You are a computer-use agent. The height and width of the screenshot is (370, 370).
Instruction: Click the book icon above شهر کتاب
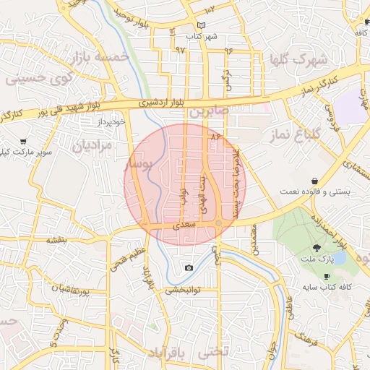point(200,26)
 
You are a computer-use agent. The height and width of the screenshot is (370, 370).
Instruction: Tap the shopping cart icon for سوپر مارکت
point(25,142)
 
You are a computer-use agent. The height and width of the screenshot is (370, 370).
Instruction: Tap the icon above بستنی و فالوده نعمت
point(315,181)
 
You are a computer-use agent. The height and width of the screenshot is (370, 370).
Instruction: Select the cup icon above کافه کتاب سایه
point(327,276)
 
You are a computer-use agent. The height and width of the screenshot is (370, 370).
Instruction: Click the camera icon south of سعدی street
point(189,268)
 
